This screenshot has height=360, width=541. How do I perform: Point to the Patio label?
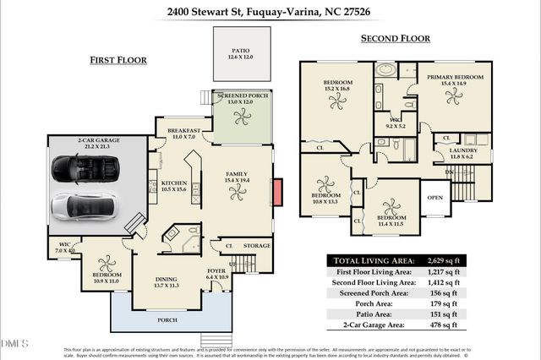point(241,52)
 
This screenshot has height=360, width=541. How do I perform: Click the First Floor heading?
point(118,60)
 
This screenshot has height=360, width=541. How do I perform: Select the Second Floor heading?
point(395,38)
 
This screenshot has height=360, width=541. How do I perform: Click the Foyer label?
point(217,270)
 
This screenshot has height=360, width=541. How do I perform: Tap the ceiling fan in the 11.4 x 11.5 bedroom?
point(391,208)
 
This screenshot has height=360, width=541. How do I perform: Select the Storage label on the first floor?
point(256,246)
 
